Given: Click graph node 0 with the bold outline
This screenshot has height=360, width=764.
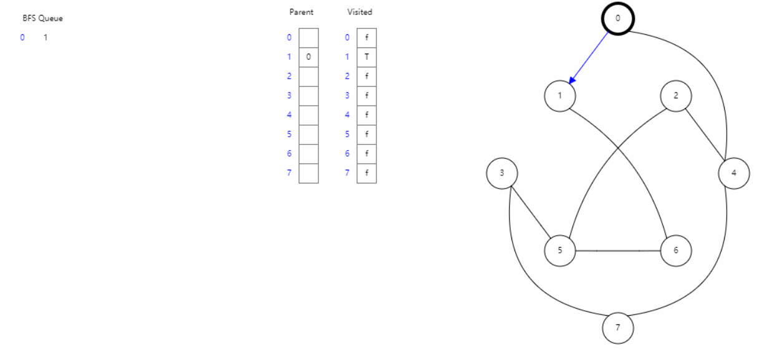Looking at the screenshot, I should [x=618, y=19].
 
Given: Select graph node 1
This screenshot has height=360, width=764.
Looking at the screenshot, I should [x=559, y=96].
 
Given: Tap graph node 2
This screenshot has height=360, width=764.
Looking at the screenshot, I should [x=676, y=96].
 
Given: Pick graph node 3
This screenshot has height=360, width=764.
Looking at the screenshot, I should [x=502, y=173].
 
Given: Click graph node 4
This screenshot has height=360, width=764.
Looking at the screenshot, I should [x=733, y=173].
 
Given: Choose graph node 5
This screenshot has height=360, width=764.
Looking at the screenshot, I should [x=559, y=251].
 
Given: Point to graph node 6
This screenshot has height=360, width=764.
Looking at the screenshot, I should [x=676, y=251].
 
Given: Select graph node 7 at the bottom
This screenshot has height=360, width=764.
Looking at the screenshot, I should [x=618, y=328].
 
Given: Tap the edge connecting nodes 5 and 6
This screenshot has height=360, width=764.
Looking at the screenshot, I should [x=617, y=251].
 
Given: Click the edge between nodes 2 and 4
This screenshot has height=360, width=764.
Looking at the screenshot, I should [x=705, y=135].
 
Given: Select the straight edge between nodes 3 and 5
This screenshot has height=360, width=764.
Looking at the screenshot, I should [x=531, y=212].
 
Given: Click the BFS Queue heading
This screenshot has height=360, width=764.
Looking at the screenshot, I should [x=42, y=19].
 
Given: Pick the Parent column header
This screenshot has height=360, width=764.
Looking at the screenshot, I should [x=301, y=12].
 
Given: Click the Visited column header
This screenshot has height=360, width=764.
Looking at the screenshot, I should [x=360, y=12].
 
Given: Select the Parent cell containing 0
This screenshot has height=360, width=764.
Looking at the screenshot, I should [x=309, y=57].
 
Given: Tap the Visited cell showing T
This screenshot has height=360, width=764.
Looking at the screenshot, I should [x=367, y=57].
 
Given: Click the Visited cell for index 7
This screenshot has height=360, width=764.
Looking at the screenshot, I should [x=367, y=173].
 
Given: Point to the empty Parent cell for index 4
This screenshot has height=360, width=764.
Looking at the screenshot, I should [x=309, y=115].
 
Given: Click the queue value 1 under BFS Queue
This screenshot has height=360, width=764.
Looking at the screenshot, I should [x=45, y=37].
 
